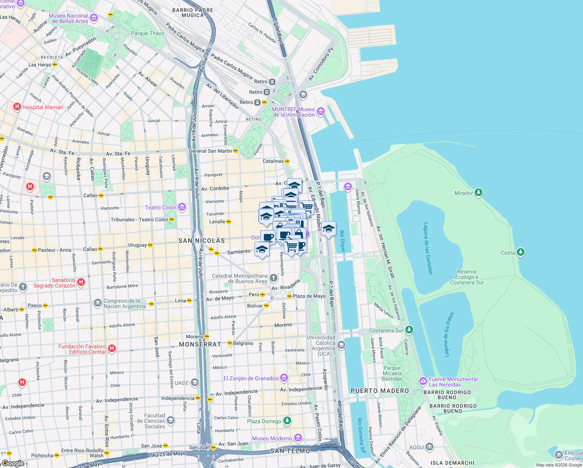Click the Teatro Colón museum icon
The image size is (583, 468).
point(182,207)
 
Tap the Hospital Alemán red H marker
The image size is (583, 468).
point(17,107)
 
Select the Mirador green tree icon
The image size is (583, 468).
point(479,193)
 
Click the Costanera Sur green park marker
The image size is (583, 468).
point(409,330)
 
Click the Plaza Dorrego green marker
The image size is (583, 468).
point(287,421)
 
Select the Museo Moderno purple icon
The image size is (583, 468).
point(298,438)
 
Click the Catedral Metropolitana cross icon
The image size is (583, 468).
point(274,278)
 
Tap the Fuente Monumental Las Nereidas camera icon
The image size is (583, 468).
point(423,381)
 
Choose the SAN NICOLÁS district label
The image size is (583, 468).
point(201,241)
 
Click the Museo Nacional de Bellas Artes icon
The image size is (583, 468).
point(94,18)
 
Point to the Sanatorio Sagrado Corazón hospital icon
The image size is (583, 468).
point(81,282)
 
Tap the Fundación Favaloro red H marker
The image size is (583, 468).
point(112,348)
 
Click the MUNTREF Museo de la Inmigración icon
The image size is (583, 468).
point(321,112)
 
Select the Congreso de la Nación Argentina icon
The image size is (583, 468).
point(97,303)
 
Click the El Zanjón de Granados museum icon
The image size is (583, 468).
point(284,378)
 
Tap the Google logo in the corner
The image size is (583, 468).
point(13,463)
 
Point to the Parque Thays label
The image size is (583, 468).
point(147,33)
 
